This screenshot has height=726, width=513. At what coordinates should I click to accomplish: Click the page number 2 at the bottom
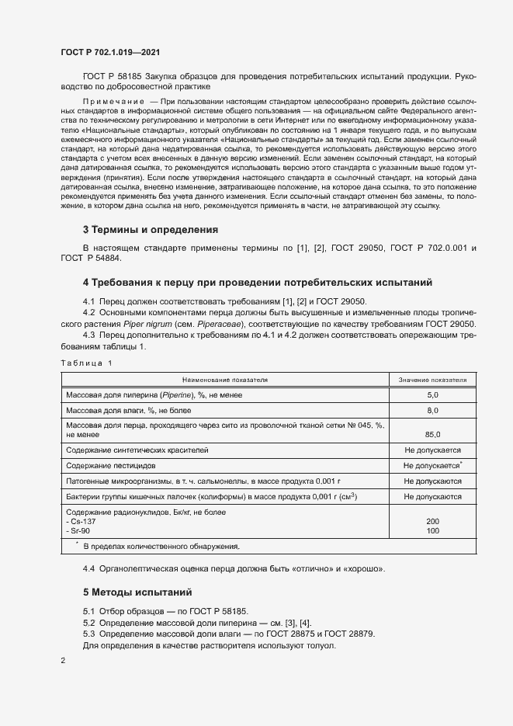click(63, 660)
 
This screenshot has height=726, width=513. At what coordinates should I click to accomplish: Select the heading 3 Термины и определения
click(150, 230)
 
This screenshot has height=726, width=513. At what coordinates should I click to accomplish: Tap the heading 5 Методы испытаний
click(137, 592)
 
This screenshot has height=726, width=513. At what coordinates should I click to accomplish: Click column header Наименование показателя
click(224, 380)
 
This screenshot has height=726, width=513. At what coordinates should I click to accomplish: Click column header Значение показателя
click(432, 380)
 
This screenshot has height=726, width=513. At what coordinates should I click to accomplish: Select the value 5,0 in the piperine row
click(432, 395)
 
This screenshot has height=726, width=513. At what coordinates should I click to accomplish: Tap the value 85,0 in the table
click(432, 434)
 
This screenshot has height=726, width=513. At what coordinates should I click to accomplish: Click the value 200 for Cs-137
click(432, 521)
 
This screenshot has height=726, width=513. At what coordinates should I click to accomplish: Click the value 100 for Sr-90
click(432, 530)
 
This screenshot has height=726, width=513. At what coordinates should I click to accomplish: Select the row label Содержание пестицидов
click(111, 465)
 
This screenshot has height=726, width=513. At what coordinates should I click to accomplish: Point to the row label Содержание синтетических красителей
click(137, 450)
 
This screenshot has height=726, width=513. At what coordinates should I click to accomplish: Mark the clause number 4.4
click(89, 569)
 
